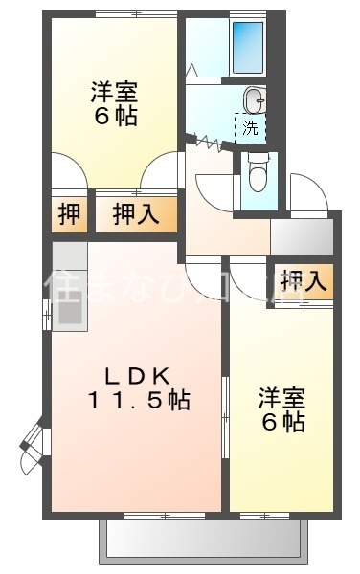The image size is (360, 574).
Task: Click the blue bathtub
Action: (x=248, y=45)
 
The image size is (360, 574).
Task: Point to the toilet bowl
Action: (x=258, y=175)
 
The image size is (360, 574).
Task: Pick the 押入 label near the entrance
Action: (x=304, y=280)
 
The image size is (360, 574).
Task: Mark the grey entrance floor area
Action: (x=300, y=234)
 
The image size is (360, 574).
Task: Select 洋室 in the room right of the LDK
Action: (x=281, y=394)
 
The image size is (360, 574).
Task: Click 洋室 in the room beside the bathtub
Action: (x=115, y=92)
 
